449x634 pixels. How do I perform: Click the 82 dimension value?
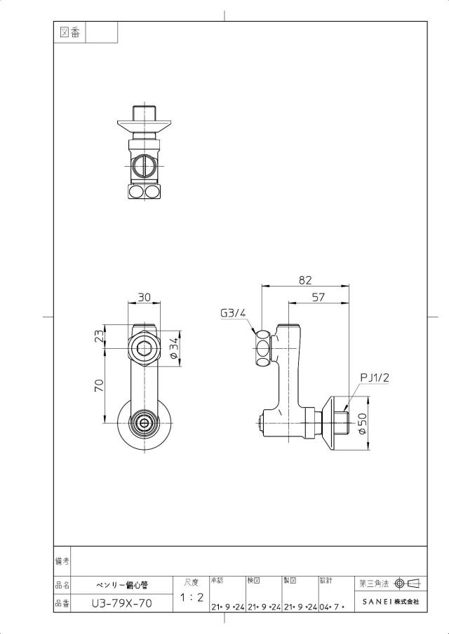[306, 280]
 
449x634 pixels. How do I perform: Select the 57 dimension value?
[319, 297]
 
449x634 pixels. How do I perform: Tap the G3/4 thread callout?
[233, 312]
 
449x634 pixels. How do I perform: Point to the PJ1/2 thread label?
[375, 378]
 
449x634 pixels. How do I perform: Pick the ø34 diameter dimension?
[174, 347]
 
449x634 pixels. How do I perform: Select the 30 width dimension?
[144, 297]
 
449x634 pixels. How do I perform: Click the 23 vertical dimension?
[100, 336]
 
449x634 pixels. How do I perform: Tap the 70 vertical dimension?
[100, 385]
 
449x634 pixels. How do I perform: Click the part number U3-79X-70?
[122, 603]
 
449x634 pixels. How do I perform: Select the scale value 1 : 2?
[192, 597]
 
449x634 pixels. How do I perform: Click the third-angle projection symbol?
[407, 583]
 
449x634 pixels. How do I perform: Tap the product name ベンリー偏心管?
[122, 585]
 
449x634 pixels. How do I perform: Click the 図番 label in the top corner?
[69, 32]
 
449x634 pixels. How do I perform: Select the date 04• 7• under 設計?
[332, 607]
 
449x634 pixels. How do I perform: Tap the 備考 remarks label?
[62, 561]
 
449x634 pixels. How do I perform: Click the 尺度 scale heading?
[192, 582]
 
